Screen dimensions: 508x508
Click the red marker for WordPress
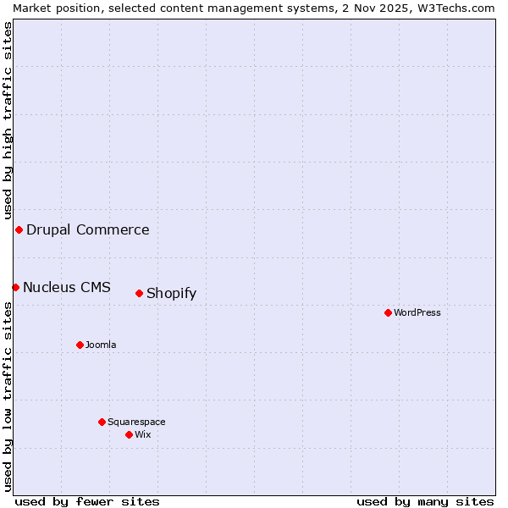388,312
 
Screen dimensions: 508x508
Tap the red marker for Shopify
139,293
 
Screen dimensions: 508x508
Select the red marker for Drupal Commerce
19,229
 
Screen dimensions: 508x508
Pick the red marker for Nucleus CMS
15,287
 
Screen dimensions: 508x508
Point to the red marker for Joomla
80,345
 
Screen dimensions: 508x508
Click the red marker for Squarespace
102,422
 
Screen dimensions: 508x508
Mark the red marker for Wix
129,434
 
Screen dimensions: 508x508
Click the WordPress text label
417,312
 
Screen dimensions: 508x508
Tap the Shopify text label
171,294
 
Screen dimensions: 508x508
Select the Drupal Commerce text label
88,229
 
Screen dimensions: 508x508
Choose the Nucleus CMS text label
67,287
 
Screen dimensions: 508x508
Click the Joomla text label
101,345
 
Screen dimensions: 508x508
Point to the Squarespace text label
136,422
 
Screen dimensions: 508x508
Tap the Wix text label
143,434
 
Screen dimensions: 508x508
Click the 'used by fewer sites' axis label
87,501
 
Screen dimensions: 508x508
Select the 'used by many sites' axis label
425,501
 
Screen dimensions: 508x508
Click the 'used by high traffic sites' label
8,120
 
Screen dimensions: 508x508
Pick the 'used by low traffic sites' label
8,396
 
